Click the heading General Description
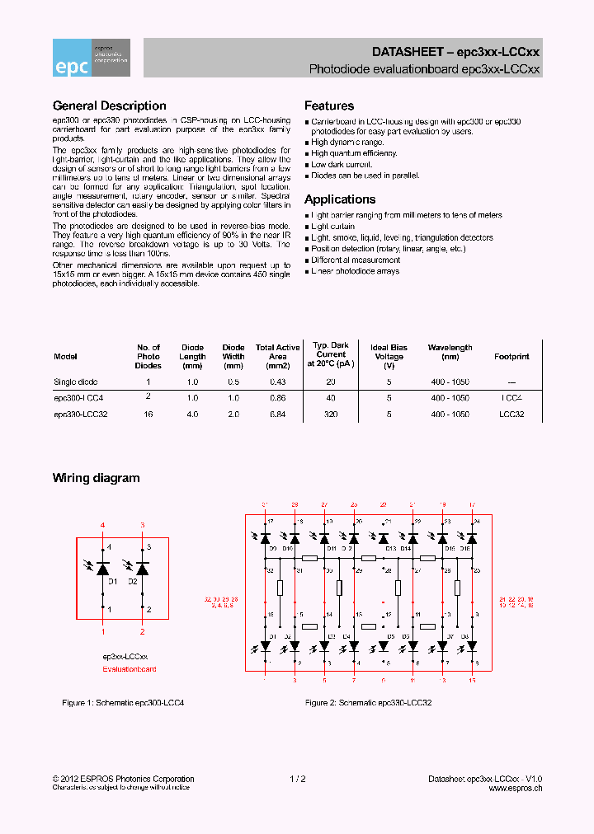pos(109,105)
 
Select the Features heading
pos(329,105)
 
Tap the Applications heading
pos(339,199)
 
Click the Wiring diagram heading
pos(96,478)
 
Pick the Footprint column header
pos(511,357)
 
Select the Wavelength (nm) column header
pos(450,352)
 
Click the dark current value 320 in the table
pos(332,415)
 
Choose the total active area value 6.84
pos(277,415)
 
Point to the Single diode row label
pos(75,382)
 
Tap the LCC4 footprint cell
pos(511,398)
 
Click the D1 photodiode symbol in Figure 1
pos(103,569)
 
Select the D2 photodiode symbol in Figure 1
pos(143,569)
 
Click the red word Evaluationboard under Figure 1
pos(129,669)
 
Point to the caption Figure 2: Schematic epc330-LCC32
pos(368,703)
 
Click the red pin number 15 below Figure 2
pos(472,681)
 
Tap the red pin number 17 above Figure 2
pos(472,504)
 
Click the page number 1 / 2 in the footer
pos(298,779)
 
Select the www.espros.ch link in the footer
pos(515,788)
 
